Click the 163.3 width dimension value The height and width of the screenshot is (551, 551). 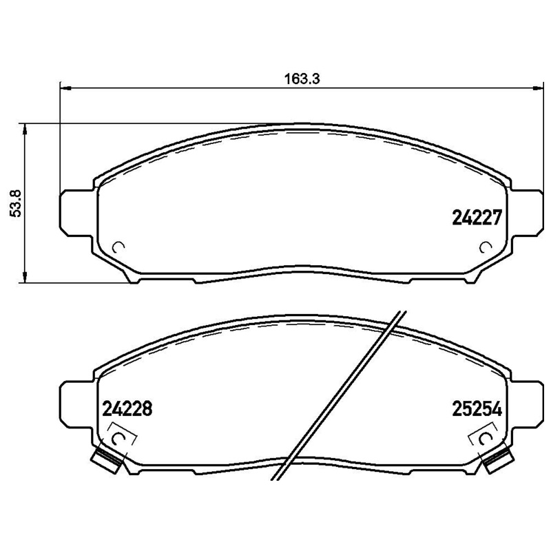(x=302, y=79)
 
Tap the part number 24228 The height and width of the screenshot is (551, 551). (x=127, y=409)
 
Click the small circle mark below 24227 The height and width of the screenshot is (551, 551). (x=486, y=247)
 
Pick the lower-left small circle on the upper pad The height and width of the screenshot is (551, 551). (x=117, y=247)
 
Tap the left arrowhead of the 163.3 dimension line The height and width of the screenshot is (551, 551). (x=66, y=87)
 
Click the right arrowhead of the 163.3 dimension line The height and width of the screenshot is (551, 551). (x=537, y=87)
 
